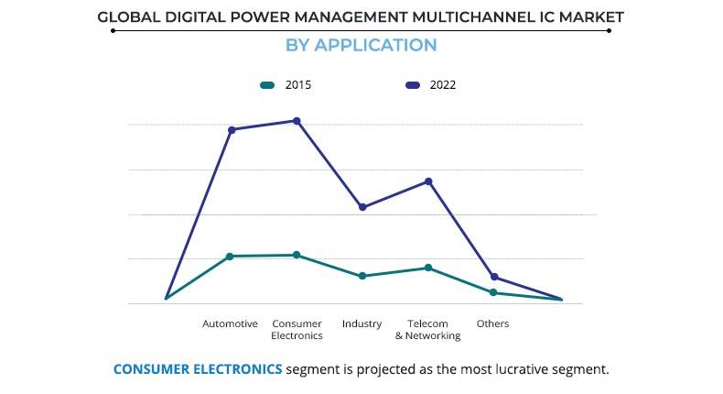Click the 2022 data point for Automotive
pos(232,130)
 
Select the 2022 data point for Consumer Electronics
pos(297,121)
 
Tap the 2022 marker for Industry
pos(362,207)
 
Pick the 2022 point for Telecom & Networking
pos(427,181)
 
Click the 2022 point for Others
pos(494,277)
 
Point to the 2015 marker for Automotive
pos(230,257)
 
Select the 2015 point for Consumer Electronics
pos(297,255)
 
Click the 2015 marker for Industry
pos(362,276)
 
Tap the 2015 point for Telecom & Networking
pos(427,268)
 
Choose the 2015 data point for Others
pos(493,292)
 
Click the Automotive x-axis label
pos(230,323)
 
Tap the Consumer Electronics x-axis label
pos(297,329)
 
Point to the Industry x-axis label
pos(361,323)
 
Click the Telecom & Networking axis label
pos(427,329)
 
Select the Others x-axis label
pos(492,323)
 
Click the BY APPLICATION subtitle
pos(361,45)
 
